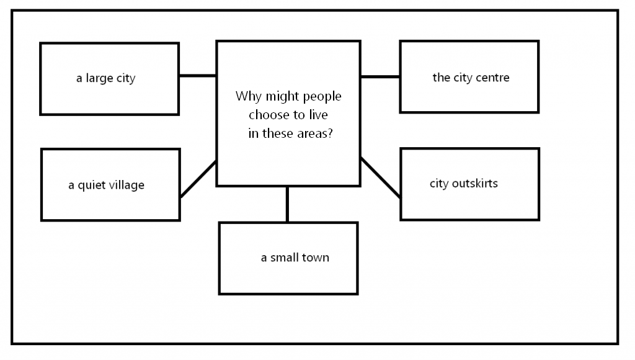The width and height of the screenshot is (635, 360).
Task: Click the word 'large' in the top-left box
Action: pyautogui.click(x=99, y=78)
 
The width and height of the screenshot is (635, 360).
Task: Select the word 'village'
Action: pyautogui.click(x=126, y=185)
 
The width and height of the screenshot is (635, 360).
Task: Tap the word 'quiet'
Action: pyautogui.click(x=92, y=185)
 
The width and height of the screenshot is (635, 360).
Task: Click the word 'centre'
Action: pyautogui.click(x=492, y=78)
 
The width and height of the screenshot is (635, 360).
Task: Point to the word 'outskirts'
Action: pyautogui.click(x=474, y=183)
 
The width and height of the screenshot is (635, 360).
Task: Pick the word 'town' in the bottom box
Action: pyautogui.click(x=314, y=258)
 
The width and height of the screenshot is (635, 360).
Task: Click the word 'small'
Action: pyautogui.click(x=283, y=258)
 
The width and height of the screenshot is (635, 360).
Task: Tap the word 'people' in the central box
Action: pyautogui.click(x=322, y=96)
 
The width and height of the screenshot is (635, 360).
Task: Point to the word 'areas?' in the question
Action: pyautogui.click(x=315, y=133)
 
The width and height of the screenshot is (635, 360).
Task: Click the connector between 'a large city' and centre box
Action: pyautogui.click(x=198, y=75)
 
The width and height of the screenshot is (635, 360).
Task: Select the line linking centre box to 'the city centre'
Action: pyautogui.click(x=380, y=76)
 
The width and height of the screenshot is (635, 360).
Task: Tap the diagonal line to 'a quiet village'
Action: pyautogui.click(x=198, y=179)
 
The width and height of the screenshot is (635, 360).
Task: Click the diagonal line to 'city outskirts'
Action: pyautogui.click(x=380, y=178)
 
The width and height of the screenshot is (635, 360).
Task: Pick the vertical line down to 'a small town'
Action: pyautogui.click(x=287, y=204)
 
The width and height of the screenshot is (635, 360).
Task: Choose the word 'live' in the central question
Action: pyautogui.click(x=318, y=115)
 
